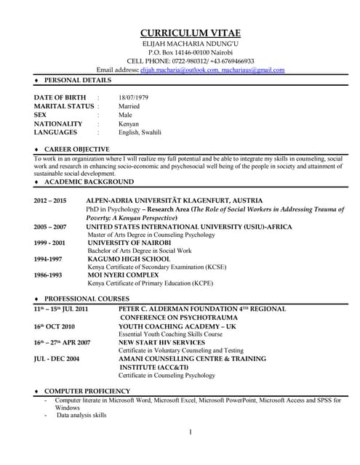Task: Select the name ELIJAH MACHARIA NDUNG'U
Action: [x=190, y=44]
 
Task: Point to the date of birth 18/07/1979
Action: [x=133, y=97]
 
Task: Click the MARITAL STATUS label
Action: [x=63, y=105]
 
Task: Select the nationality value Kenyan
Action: [x=129, y=124]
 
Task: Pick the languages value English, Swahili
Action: [x=140, y=132]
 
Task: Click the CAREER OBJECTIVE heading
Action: [x=77, y=149]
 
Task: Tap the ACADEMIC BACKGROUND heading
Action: [x=83, y=181]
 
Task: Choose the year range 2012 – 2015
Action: [x=49, y=200]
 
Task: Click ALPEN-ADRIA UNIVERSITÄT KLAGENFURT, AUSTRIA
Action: [x=185, y=200]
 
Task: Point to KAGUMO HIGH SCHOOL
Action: [x=129, y=259]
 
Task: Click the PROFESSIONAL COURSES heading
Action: [x=87, y=299]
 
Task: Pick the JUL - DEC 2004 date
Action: [x=56, y=359]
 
